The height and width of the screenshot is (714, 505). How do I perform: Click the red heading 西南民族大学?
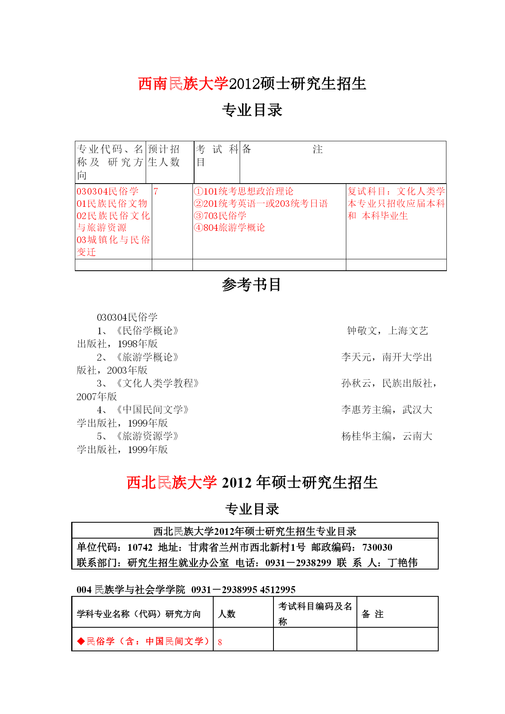(x=183, y=84)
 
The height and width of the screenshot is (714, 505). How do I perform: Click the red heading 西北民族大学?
(x=172, y=483)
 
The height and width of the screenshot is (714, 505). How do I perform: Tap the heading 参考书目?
(x=251, y=285)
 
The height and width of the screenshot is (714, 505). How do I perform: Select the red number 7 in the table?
(x=156, y=191)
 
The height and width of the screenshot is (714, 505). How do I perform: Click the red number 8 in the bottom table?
(x=220, y=642)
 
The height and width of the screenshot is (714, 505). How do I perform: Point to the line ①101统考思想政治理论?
(x=244, y=191)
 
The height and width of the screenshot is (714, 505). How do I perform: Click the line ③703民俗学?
(x=220, y=216)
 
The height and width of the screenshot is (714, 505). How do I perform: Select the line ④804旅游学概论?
(x=230, y=228)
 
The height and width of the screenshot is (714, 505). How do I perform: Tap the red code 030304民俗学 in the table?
(x=108, y=191)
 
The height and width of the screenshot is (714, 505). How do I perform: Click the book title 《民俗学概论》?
(x=147, y=331)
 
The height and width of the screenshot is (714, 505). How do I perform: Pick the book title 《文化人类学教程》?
(x=157, y=383)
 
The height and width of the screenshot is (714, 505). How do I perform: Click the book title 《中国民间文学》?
(x=153, y=410)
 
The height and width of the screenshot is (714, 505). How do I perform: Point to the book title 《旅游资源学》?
(x=147, y=436)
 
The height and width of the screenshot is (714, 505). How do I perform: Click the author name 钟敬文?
(x=362, y=331)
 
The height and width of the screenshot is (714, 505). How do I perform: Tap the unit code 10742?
(x=140, y=548)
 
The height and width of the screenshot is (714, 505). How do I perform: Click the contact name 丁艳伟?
(x=402, y=563)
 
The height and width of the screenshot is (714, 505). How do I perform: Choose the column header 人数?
(x=227, y=614)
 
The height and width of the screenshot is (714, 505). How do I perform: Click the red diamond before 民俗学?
(x=81, y=642)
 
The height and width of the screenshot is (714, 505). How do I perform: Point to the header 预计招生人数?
(x=164, y=156)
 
